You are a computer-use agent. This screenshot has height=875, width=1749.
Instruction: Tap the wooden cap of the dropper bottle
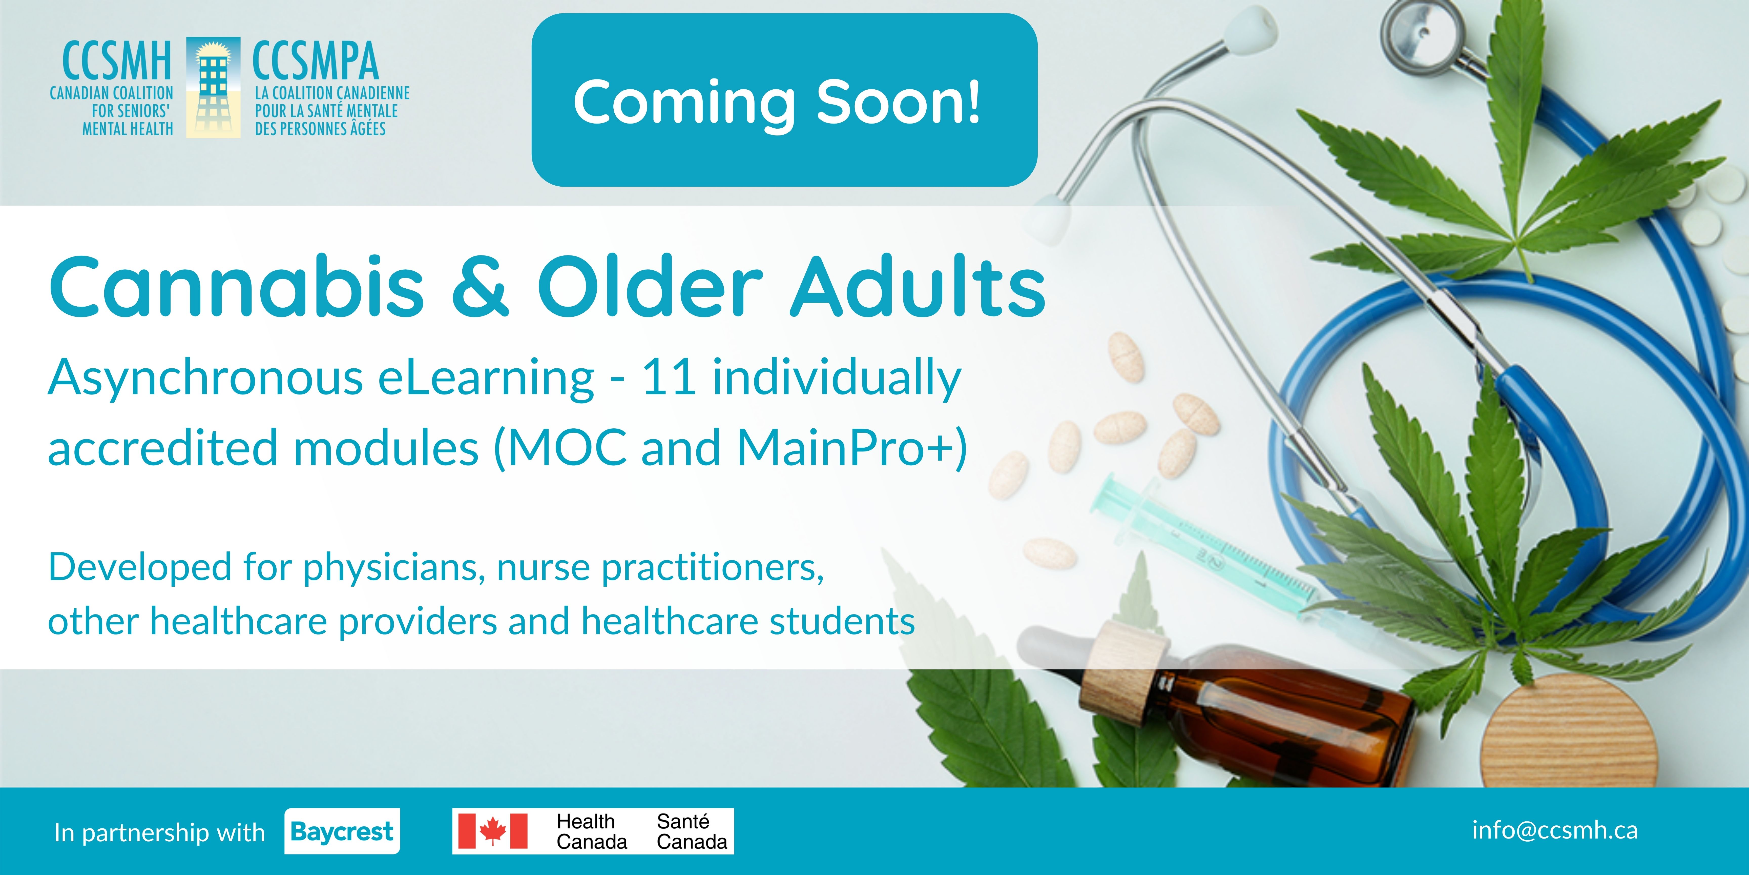click(1124, 662)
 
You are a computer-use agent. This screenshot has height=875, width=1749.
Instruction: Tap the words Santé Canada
click(691, 831)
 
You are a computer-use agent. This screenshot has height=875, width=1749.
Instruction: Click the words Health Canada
click(591, 831)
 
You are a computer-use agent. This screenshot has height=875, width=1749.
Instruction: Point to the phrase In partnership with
click(160, 832)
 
